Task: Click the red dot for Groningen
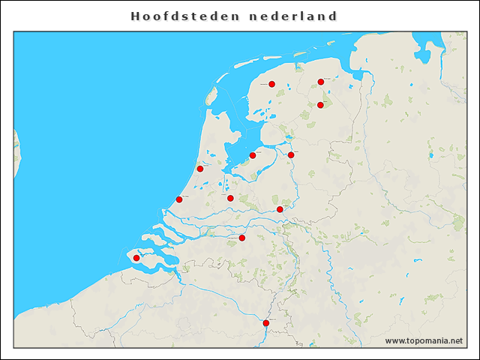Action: tap(321, 82)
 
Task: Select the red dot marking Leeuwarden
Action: tap(271, 84)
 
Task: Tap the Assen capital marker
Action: tap(320, 105)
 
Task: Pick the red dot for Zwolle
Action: tap(291, 155)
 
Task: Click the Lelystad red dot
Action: tap(253, 155)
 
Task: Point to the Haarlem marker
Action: tap(200, 169)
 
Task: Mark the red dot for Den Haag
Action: tap(179, 199)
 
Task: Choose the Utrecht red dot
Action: tap(230, 199)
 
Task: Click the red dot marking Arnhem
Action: tap(280, 209)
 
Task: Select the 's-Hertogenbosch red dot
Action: tap(242, 238)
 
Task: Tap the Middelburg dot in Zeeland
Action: tap(136, 258)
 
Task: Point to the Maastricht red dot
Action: tap(266, 323)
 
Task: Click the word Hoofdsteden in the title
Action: tap(182, 16)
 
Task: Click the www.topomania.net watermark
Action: tap(424, 340)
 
